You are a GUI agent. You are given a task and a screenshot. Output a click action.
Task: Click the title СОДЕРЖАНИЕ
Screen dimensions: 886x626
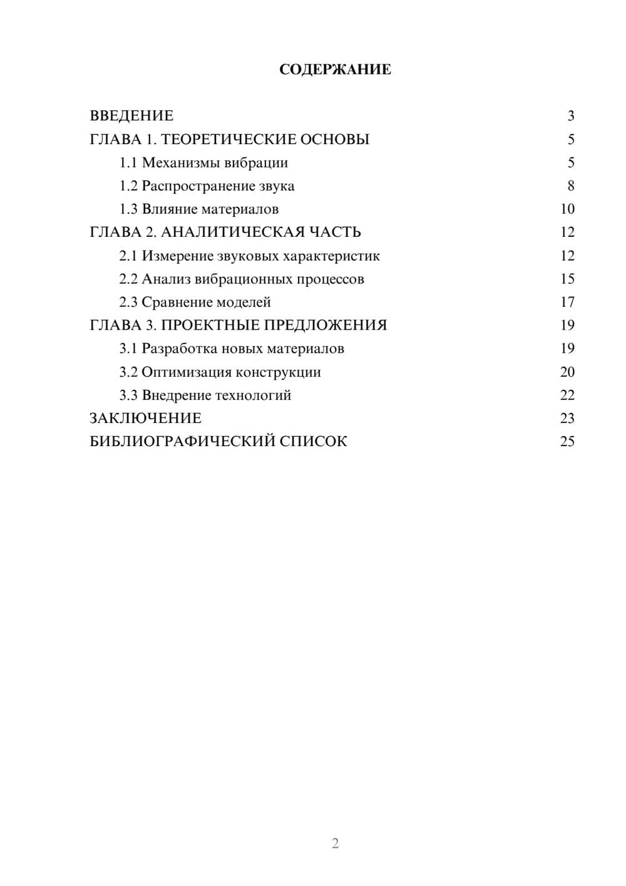click(x=335, y=70)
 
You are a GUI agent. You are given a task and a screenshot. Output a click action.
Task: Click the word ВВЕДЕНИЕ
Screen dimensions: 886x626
click(x=131, y=116)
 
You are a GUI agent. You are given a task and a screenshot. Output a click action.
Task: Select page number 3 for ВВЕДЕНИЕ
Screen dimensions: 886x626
click(x=570, y=116)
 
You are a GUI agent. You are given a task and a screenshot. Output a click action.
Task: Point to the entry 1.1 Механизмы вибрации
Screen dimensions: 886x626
click(x=203, y=163)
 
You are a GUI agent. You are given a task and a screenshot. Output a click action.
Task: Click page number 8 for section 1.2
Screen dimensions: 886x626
click(x=570, y=186)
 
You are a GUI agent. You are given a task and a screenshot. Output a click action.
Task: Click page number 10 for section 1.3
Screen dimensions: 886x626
click(x=567, y=209)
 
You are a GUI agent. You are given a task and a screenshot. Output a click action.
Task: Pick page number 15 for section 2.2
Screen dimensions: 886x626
click(x=567, y=279)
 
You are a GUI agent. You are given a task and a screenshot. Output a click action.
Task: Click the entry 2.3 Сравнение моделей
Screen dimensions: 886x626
click(x=195, y=303)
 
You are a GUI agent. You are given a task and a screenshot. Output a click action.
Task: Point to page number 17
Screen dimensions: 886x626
click(x=567, y=303)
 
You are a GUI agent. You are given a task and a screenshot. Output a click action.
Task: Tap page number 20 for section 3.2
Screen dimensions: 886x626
click(x=567, y=372)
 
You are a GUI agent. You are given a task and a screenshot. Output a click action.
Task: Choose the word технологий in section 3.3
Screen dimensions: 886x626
click(x=254, y=395)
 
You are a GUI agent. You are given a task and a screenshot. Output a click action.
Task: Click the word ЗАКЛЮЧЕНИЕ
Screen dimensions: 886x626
click(x=145, y=419)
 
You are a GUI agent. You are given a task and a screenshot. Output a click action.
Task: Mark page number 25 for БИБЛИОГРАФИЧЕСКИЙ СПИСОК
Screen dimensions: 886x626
click(x=567, y=442)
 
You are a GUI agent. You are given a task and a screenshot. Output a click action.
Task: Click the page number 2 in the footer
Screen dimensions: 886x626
click(x=335, y=843)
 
